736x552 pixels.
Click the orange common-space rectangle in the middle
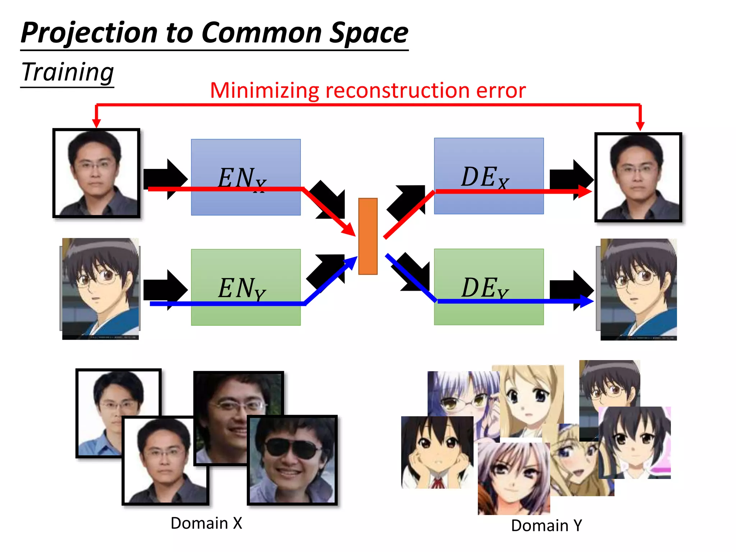tap(368, 236)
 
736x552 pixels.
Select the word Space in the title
tap(369, 33)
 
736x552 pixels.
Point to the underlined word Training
tap(68, 73)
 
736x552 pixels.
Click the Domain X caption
tap(206, 523)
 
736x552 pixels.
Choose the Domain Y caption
tap(546, 525)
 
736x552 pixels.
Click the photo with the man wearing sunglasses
tap(292, 460)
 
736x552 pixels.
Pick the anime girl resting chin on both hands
tap(437, 452)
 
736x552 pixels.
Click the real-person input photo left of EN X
tap(96, 173)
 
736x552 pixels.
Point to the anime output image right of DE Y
tap(639, 289)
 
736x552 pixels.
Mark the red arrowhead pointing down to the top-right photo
tap(640, 126)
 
